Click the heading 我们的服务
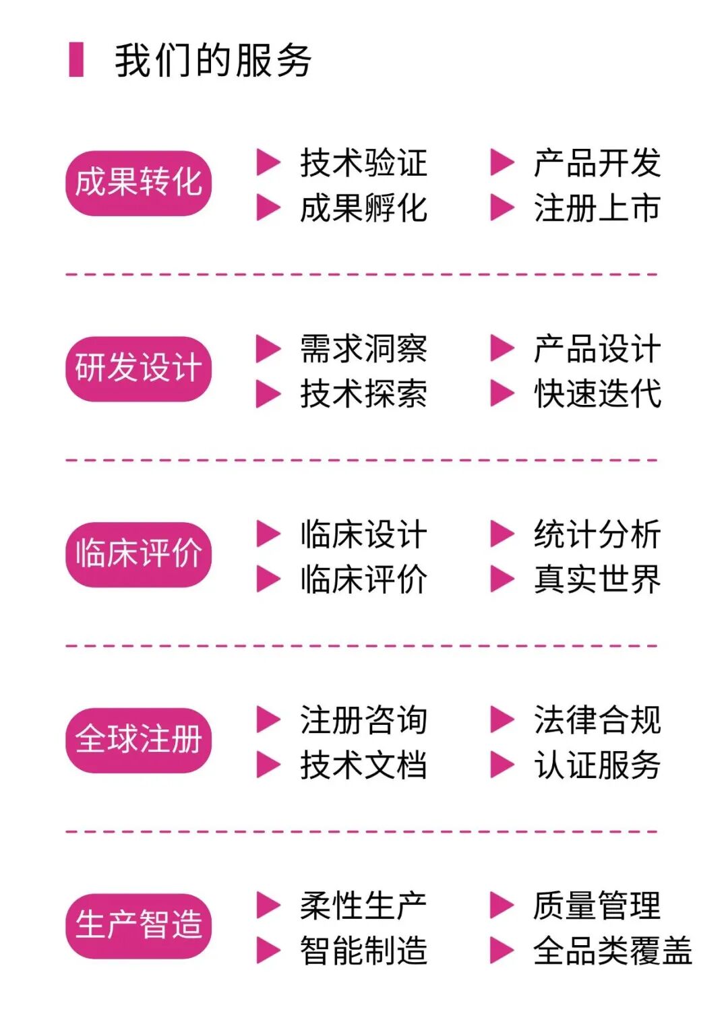click(x=212, y=61)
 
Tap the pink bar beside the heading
click(x=76, y=60)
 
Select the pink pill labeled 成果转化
click(x=138, y=183)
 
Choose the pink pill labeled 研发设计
click(x=138, y=368)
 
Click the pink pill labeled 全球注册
click(x=138, y=740)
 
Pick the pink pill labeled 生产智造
click(x=138, y=925)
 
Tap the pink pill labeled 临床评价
click(x=138, y=554)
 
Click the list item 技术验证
click(x=363, y=163)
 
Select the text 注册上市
click(x=597, y=207)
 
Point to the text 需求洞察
click(x=363, y=349)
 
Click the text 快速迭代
click(x=597, y=393)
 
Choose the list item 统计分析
click(x=597, y=534)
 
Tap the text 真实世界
click(x=597, y=579)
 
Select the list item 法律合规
click(x=597, y=719)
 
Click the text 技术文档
click(x=363, y=765)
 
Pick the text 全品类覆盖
click(x=612, y=951)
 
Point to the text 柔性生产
click(x=363, y=905)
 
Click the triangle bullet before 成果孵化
click(x=268, y=207)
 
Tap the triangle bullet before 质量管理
click(x=501, y=905)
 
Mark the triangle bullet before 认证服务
click(x=501, y=765)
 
